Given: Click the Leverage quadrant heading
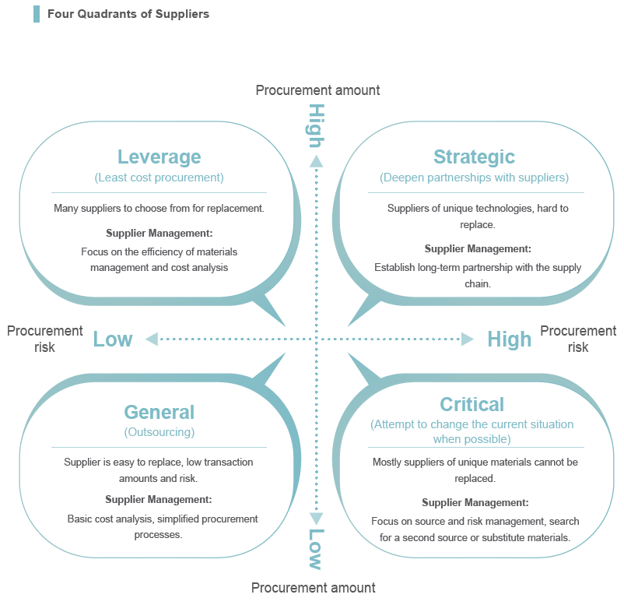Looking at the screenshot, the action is [160, 157].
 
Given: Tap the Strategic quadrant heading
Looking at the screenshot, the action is [474, 157].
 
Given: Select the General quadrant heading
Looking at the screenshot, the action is [160, 412].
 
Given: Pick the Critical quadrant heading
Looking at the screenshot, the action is [472, 404].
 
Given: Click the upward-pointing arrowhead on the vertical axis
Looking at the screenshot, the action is [317, 161].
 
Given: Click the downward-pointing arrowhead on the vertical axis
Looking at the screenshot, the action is [317, 519].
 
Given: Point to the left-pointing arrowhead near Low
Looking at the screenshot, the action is [152, 339].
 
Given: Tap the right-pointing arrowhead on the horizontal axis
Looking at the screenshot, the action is [468, 339].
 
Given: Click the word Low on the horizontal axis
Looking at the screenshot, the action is [113, 339].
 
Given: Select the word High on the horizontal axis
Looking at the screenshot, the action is [510, 339].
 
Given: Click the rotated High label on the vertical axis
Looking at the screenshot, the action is [317, 126].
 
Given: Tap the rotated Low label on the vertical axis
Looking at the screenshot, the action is [317, 549].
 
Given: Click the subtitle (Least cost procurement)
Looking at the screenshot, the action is [160, 178].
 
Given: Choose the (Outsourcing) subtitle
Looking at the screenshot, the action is [160, 432].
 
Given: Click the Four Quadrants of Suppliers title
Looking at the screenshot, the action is [128, 14].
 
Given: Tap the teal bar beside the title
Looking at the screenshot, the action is [37, 14].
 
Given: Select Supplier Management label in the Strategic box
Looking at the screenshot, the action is [478, 249].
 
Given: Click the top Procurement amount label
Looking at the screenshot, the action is [317, 90].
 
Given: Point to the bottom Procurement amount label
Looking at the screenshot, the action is [314, 588].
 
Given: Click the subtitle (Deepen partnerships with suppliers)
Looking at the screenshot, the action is [474, 178].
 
